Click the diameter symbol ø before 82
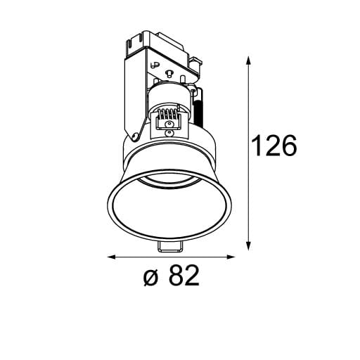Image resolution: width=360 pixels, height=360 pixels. (x=150, y=278)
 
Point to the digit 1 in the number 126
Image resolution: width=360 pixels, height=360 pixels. (x=257, y=147)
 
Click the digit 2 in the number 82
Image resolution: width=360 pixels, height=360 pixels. (x=191, y=277)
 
